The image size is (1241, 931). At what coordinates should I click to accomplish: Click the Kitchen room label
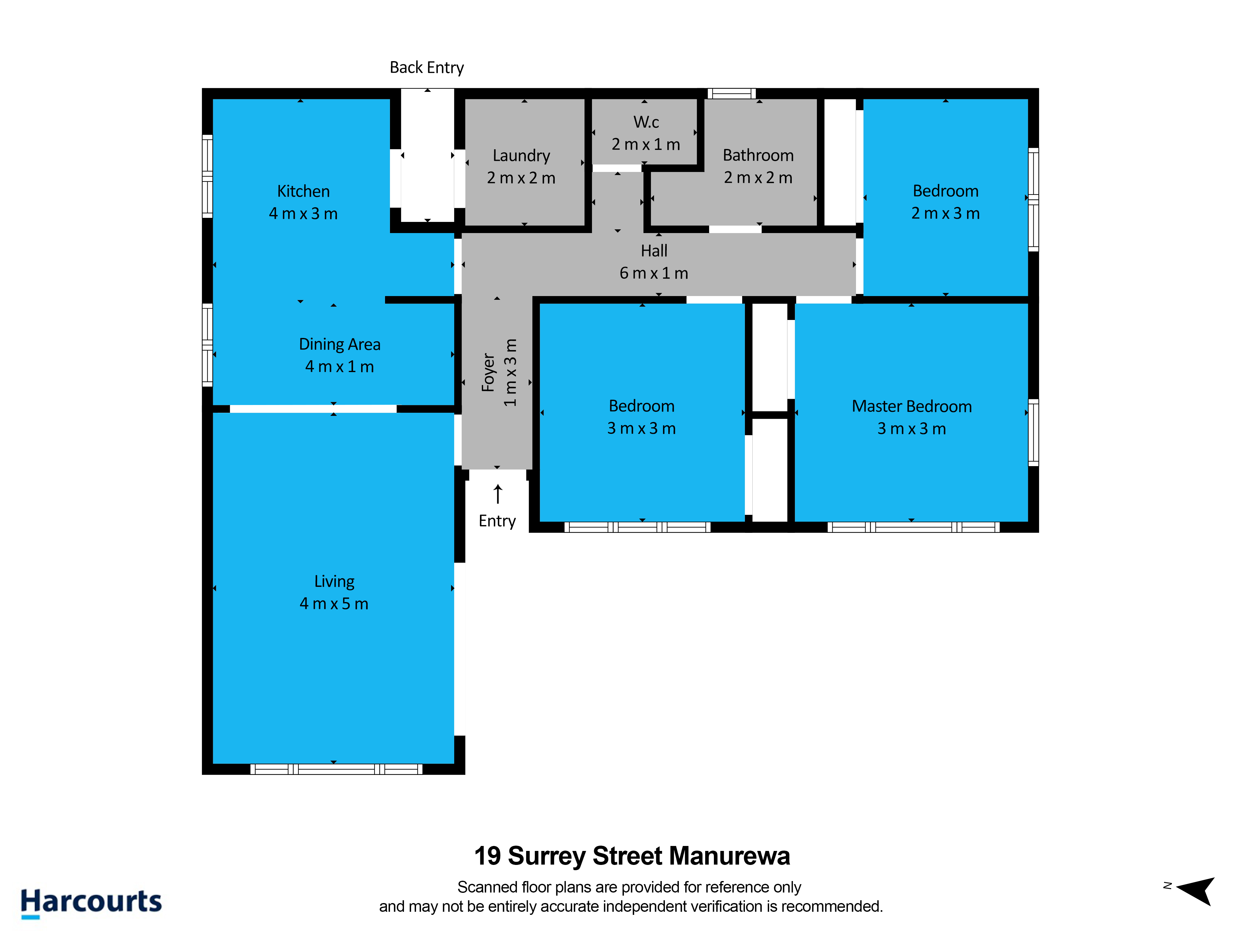tap(303, 191)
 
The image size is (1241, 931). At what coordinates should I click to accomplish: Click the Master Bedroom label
tap(912, 406)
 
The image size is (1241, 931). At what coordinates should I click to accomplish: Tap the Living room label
tap(334, 581)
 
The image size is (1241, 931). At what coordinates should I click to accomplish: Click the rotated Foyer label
tap(488, 372)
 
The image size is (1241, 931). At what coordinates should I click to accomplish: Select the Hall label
tap(654, 251)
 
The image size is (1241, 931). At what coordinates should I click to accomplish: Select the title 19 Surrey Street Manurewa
tap(632, 856)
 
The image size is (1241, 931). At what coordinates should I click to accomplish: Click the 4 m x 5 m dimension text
tap(334, 604)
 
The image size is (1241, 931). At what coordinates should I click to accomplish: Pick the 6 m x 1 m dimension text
tap(654, 273)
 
